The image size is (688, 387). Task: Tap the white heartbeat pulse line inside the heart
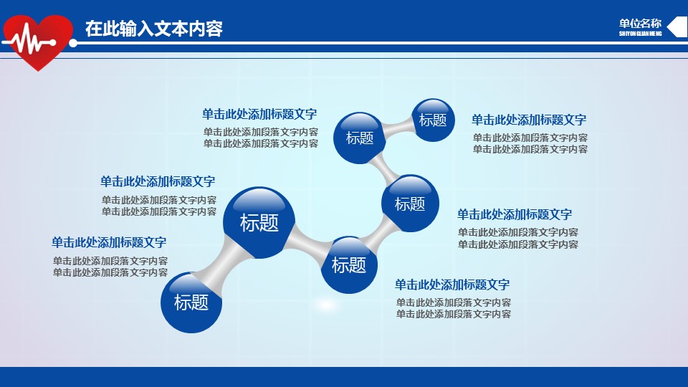[29, 41]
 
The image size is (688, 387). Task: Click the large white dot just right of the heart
[73, 43]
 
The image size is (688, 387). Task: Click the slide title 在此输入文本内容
[154, 29]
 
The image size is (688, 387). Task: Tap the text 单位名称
[640, 24]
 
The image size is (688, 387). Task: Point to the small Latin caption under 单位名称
[640, 34]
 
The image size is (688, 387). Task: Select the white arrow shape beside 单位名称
[677, 27]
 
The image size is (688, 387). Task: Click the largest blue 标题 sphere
[259, 222]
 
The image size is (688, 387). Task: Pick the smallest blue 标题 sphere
[433, 120]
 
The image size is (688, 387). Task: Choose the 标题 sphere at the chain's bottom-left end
[191, 302]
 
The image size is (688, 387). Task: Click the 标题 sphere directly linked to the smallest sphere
[359, 138]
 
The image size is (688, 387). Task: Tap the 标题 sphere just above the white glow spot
[349, 265]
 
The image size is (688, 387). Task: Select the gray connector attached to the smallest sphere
[398, 128]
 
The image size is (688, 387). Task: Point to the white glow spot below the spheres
[325, 305]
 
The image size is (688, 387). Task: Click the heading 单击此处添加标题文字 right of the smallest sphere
[529, 120]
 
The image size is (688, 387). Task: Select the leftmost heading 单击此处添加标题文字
[109, 242]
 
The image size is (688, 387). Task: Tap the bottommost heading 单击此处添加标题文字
[452, 285]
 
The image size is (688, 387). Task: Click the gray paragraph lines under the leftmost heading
[110, 267]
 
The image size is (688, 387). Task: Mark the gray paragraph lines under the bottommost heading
[453, 308]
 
